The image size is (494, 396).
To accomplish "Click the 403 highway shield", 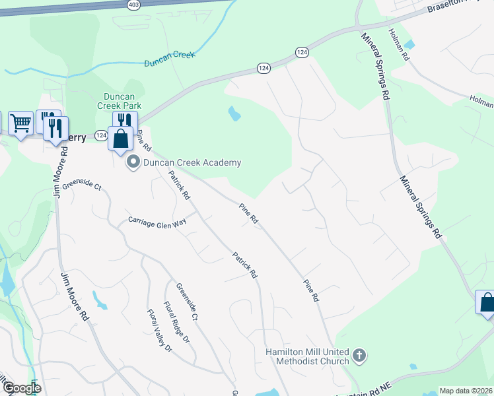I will [134, 4].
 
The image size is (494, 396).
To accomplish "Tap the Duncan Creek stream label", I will [170, 59].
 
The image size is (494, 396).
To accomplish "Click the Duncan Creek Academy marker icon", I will [133, 162].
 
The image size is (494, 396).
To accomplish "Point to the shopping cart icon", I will [20, 123].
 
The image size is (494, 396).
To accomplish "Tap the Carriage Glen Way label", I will [157, 222].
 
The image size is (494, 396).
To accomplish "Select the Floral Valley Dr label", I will [159, 330].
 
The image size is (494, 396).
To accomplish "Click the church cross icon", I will [359, 356].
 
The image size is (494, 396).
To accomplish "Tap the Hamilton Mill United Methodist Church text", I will [306, 356].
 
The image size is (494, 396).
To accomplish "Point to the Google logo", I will [21, 389].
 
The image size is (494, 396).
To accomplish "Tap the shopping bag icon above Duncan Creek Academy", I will [120, 139].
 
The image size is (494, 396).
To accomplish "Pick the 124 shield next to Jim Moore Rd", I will [100, 135].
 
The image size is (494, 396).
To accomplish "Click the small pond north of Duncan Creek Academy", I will [234, 114].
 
